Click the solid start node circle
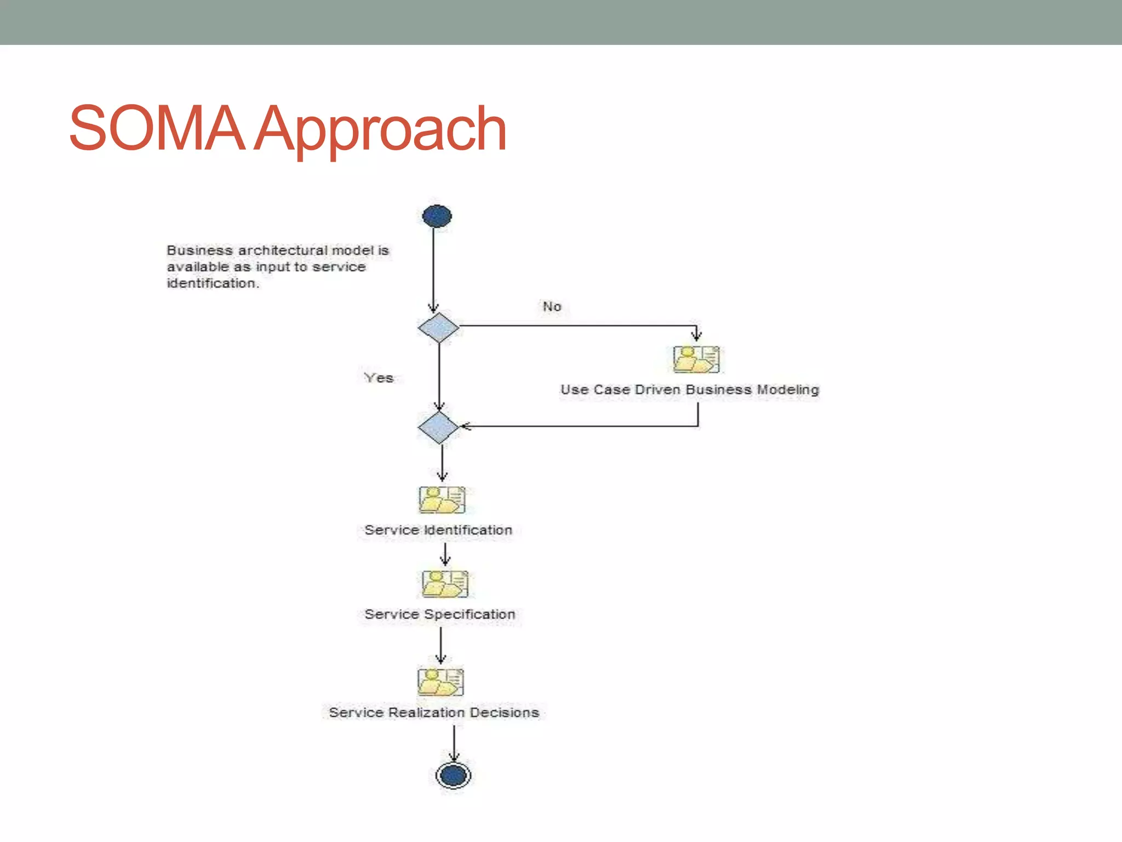click(x=437, y=216)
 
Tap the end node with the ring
click(x=454, y=775)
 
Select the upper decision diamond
click(x=438, y=328)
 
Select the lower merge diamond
click(x=438, y=428)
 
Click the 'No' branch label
click(x=552, y=306)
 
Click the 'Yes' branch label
click(x=379, y=378)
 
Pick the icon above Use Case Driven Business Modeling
click(x=696, y=360)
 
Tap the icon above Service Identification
click(x=442, y=499)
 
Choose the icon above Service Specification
click(x=445, y=584)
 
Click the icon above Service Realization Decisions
click(x=440, y=681)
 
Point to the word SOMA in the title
click(x=157, y=128)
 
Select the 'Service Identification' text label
click(x=438, y=530)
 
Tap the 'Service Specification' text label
click(x=440, y=614)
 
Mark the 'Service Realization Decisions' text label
click(x=434, y=712)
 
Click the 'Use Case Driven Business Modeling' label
click(x=690, y=390)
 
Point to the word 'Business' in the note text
click(x=200, y=251)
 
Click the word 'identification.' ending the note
click(x=213, y=283)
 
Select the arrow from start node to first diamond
click(x=433, y=269)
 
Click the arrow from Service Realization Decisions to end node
click(x=454, y=743)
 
